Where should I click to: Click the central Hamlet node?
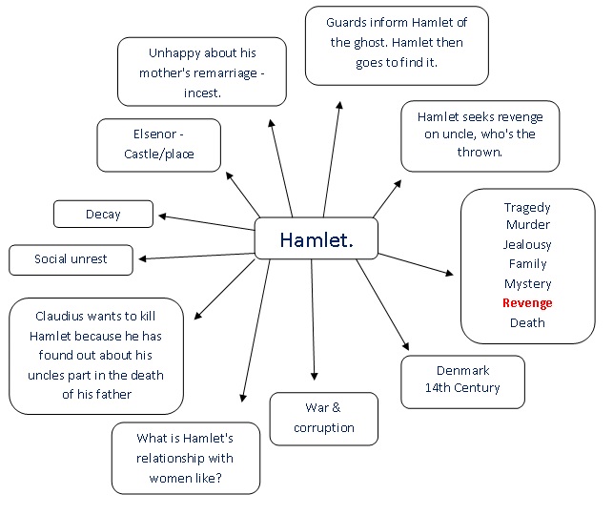click(317, 239)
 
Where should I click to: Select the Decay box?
click(103, 215)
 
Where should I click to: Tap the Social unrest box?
click(71, 259)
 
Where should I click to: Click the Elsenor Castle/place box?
click(158, 144)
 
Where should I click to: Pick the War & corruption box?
click(323, 418)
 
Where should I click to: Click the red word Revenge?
click(527, 303)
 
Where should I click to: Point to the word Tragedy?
click(527, 207)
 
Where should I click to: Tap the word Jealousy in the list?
click(527, 245)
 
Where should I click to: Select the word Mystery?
click(527, 284)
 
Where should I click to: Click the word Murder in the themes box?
click(527, 225)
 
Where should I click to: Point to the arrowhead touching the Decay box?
click(161, 216)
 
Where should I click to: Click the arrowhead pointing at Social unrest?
click(141, 257)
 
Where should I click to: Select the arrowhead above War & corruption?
click(314, 378)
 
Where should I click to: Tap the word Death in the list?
click(527, 322)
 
